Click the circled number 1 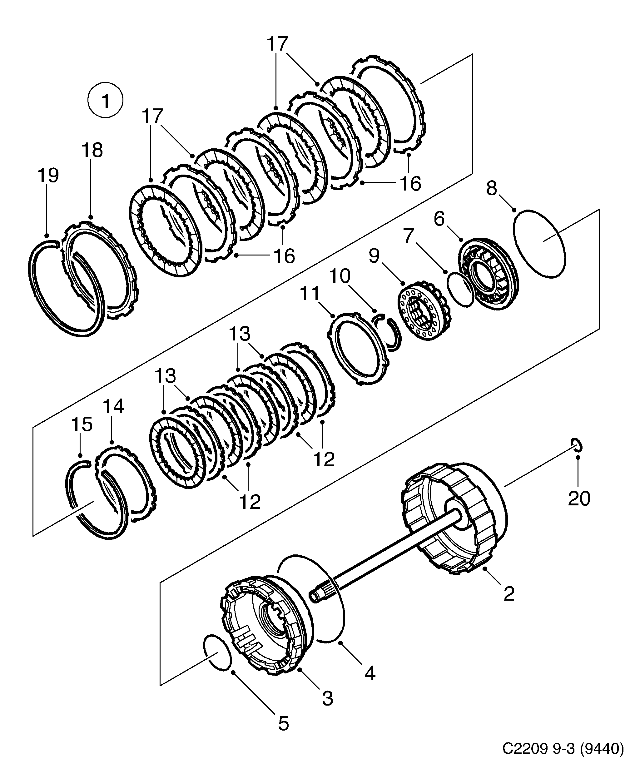coord(106,101)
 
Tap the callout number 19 coord(48,176)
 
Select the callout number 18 coord(92,150)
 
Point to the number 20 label coord(579,498)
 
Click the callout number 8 coord(492,188)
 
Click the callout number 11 coord(310,294)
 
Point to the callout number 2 coord(509,593)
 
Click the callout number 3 coord(327,699)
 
